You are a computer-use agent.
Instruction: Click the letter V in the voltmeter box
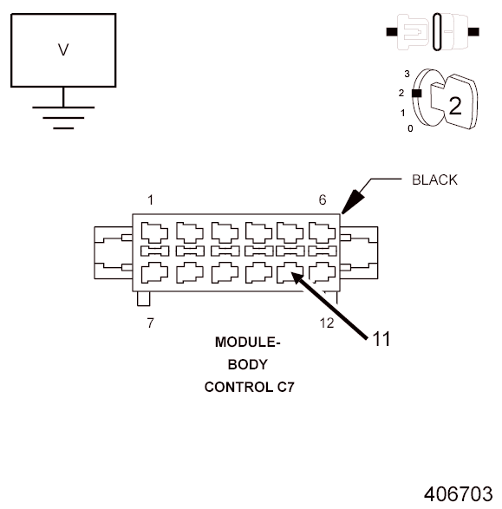coord(62,49)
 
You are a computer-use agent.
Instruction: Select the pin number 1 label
coord(151,200)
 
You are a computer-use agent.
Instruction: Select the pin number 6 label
coord(323,200)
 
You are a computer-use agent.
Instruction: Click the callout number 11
coord(381,339)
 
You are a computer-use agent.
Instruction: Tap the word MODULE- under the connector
coord(248,343)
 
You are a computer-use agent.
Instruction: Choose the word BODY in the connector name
coord(248,364)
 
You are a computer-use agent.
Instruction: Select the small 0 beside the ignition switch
coord(411,128)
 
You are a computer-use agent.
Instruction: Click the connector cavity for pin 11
coord(290,271)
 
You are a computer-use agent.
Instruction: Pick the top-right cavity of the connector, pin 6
coord(323,232)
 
